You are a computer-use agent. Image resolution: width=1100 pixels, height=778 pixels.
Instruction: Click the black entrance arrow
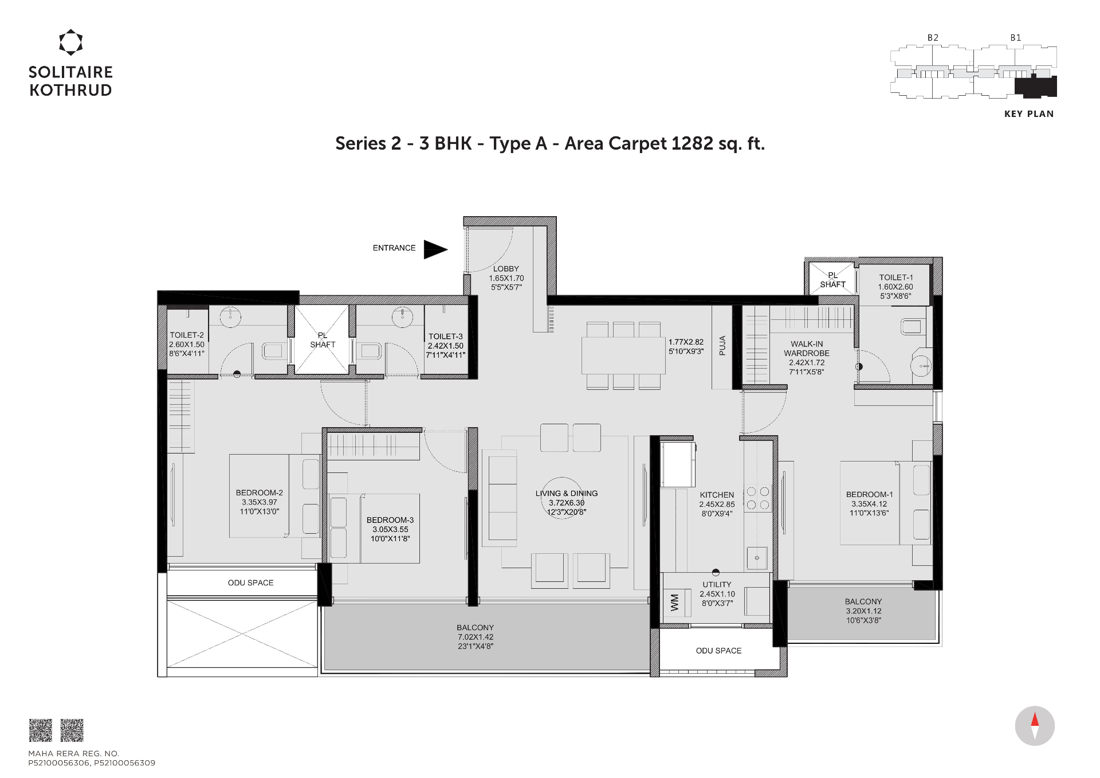(435, 249)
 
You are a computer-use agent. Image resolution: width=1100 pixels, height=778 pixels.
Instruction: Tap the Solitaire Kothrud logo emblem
(71, 42)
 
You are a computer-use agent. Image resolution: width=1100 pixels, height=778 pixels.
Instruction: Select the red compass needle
(1035, 720)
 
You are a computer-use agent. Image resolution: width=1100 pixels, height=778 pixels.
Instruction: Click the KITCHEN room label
(717, 495)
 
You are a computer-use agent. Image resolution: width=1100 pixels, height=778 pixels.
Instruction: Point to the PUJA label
(722, 345)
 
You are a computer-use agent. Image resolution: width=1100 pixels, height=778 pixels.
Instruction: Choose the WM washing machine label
(674, 602)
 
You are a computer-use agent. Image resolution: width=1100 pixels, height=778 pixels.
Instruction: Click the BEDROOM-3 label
(390, 520)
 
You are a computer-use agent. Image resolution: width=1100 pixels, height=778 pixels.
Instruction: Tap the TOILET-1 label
(896, 277)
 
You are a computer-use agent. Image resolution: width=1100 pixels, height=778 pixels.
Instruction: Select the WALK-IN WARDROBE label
(807, 349)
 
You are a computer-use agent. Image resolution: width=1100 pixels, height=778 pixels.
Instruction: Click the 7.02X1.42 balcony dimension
(476, 637)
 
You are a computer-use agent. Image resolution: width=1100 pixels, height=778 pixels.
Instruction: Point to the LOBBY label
(506, 269)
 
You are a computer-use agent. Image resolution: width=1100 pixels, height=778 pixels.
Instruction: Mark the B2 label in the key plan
(933, 38)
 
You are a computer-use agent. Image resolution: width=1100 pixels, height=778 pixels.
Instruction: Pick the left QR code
(41, 730)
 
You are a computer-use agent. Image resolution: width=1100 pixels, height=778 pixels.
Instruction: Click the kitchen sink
(757, 558)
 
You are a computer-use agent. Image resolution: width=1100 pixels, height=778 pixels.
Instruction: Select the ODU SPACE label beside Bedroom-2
(251, 582)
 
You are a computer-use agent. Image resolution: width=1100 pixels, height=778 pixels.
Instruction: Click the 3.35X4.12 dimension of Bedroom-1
(869, 504)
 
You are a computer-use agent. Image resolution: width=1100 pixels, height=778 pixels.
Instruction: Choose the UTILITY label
(717, 585)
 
